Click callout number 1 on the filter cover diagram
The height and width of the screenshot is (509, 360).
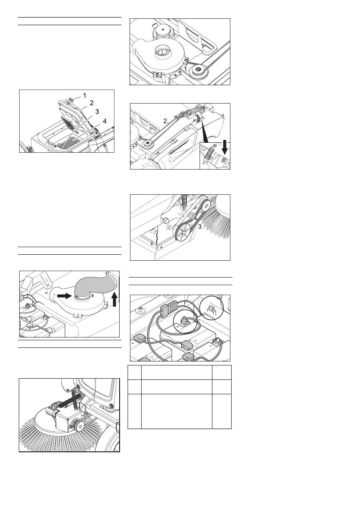click(84, 96)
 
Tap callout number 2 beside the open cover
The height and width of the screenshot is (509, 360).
click(92, 103)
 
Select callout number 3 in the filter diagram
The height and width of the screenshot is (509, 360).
click(97, 112)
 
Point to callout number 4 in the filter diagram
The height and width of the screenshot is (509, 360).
click(104, 121)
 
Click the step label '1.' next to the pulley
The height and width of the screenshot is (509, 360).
click(186, 69)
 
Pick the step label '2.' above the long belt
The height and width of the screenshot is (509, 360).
click(166, 121)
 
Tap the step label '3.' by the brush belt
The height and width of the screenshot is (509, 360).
click(200, 227)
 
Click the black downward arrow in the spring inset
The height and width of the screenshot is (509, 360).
click(225, 147)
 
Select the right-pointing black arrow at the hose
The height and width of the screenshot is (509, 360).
click(64, 295)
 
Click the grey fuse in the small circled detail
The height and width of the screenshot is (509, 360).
click(211, 308)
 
